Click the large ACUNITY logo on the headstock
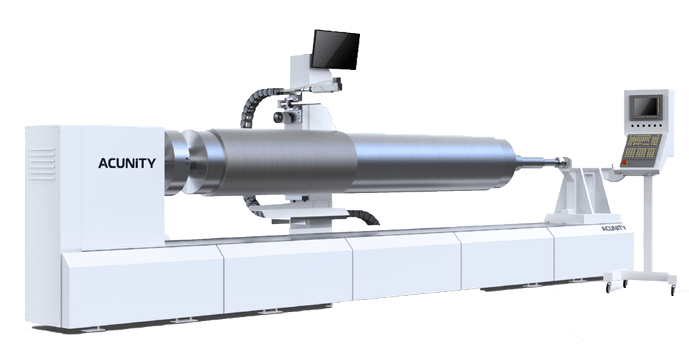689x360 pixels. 127,164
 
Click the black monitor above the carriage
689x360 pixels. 335,49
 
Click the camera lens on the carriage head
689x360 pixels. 277,118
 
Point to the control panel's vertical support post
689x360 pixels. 647,222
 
